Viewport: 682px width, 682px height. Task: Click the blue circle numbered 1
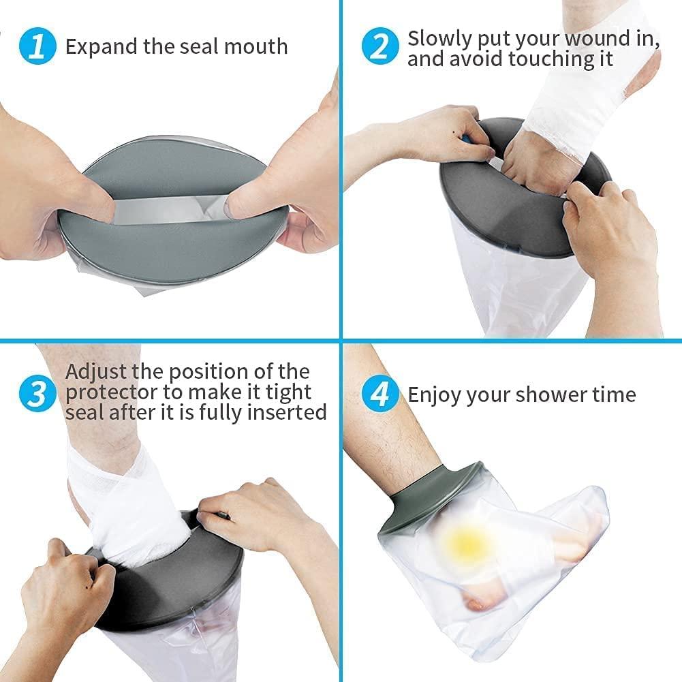[x=39, y=47]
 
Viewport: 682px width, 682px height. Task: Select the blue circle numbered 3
[x=39, y=394]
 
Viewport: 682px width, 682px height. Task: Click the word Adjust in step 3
[x=97, y=373]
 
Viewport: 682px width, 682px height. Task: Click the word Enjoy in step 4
[x=435, y=394]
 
